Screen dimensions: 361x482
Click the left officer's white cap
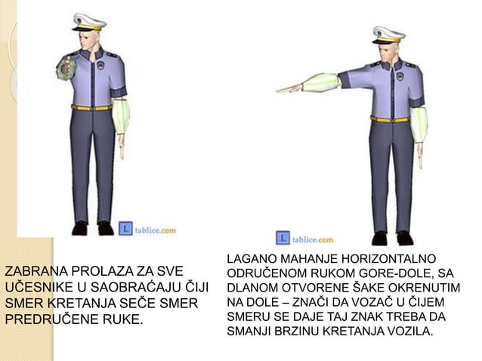pyautogui.click(x=88, y=21)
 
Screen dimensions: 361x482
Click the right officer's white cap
pyautogui.click(x=388, y=33)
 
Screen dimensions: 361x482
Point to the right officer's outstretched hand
pyautogui.click(x=288, y=88)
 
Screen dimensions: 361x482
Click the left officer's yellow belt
pyautogui.click(x=92, y=107)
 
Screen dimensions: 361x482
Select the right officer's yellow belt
pyautogui.click(x=390, y=119)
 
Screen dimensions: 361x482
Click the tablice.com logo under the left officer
pyautogui.click(x=147, y=228)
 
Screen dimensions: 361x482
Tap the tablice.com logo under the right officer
pyautogui.click(x=305, y=239)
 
